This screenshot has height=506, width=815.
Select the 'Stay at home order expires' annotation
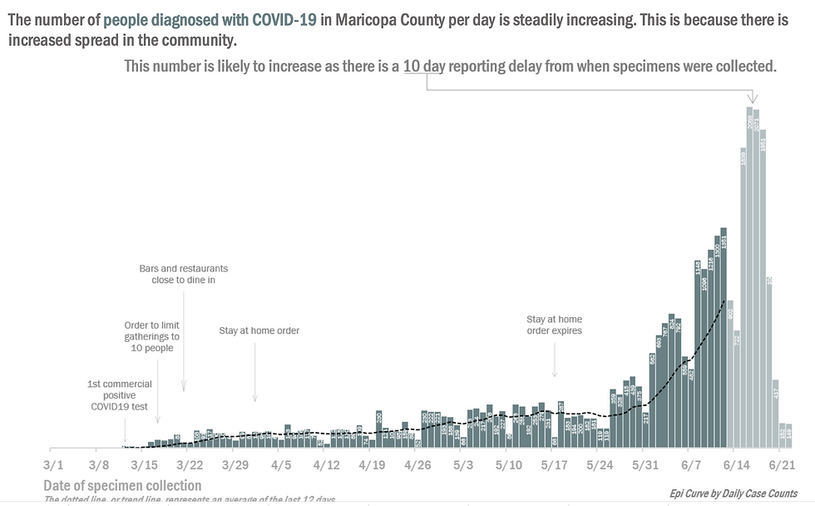554,325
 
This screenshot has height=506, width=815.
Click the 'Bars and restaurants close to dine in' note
184,275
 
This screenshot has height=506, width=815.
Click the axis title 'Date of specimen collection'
122,485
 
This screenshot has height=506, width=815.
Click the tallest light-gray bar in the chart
750,275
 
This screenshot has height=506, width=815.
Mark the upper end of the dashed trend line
725,300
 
